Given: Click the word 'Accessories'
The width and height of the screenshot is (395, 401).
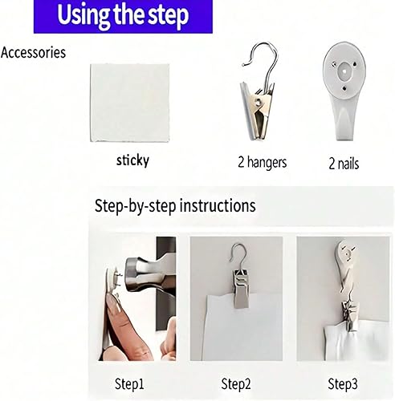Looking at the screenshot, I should tap(34, 54).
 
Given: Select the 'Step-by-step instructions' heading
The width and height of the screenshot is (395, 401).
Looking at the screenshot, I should tap(175, 206).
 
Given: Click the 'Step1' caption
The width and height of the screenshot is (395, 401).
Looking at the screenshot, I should tap(130, 383).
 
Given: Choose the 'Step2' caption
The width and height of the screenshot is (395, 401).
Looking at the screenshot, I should tap(238, 383).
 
